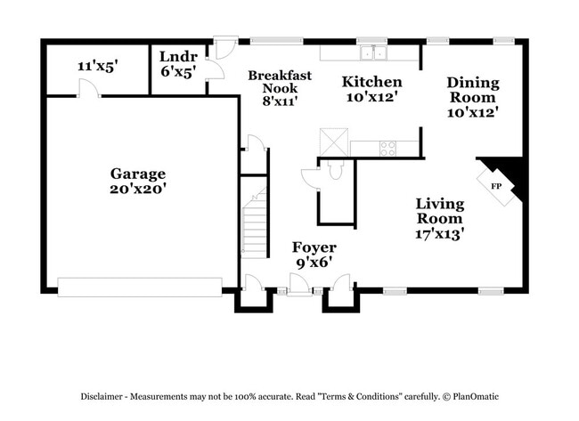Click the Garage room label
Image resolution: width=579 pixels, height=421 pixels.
point(137,174)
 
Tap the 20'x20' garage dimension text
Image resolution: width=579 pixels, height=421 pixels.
point(137,189)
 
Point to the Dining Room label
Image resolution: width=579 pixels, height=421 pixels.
point(472,90)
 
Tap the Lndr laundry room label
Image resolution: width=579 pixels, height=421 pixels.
point(178,58)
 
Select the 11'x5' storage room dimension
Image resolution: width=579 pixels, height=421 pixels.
point(97,66)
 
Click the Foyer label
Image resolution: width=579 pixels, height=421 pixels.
point(314,247)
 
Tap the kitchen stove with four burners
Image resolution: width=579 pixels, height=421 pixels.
point(388,147)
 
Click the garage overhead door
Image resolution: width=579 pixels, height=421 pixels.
point(139,286)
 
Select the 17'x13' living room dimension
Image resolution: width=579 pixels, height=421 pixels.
point(439,234)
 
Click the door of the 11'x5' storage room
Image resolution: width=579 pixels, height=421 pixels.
point(86,87)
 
